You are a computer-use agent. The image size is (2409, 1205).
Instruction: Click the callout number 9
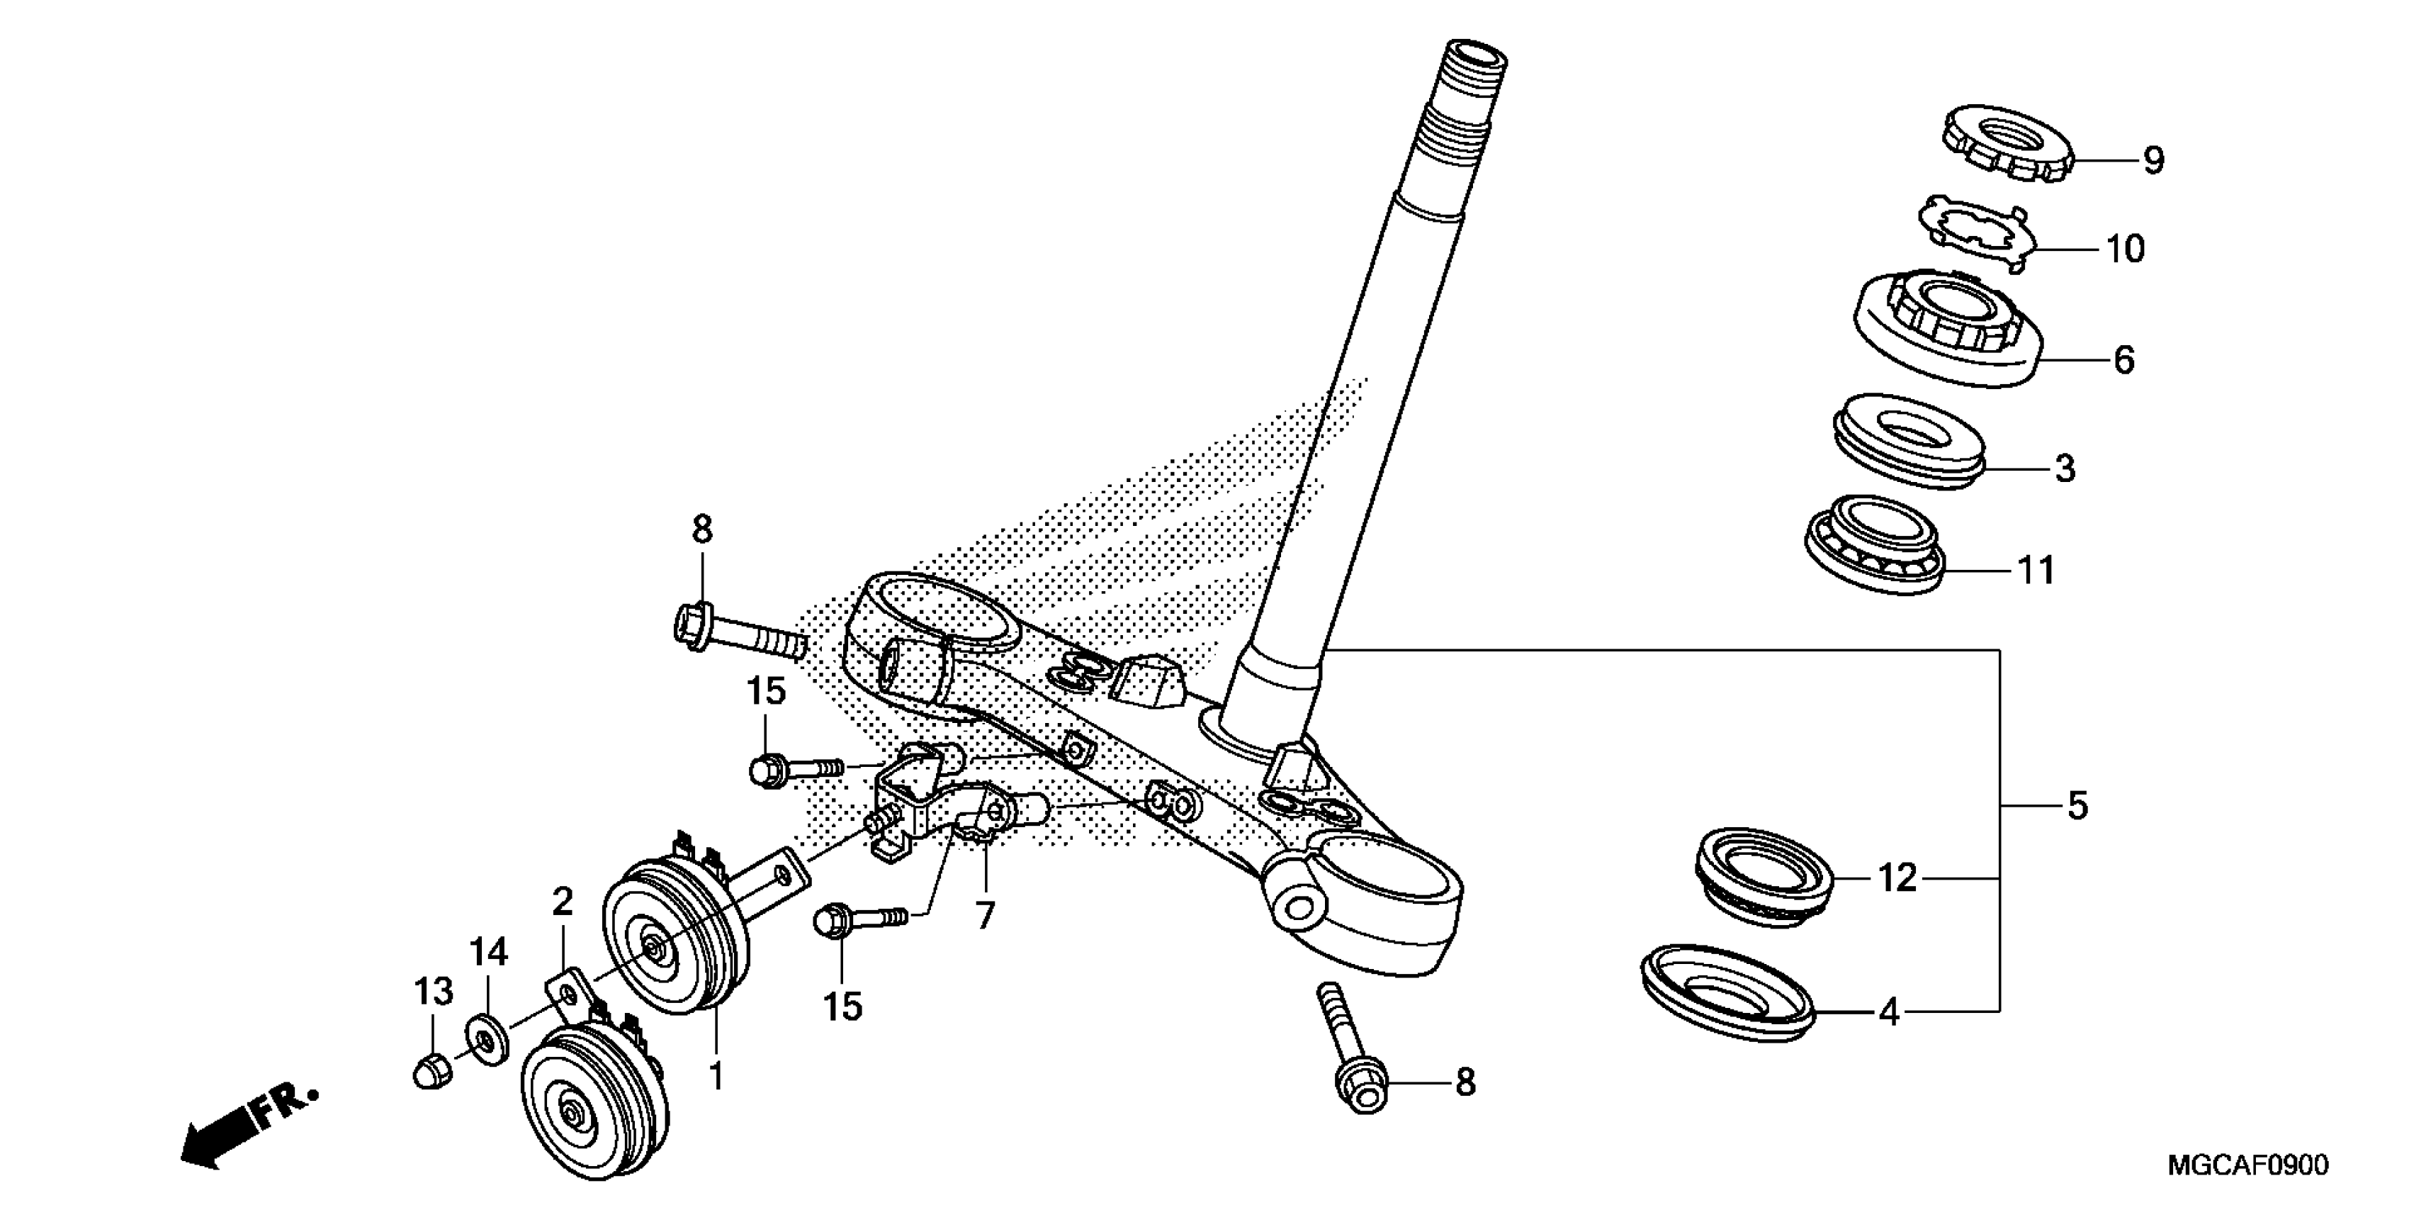pos(2154,160)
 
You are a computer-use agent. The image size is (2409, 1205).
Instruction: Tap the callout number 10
pos(2125,249)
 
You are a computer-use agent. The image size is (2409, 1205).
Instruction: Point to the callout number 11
pos(2037,570)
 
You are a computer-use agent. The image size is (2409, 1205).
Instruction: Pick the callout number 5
pos(2077,805)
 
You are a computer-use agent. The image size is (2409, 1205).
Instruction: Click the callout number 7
pos(984,915)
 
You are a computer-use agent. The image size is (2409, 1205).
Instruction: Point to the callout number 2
pos(562,902)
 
